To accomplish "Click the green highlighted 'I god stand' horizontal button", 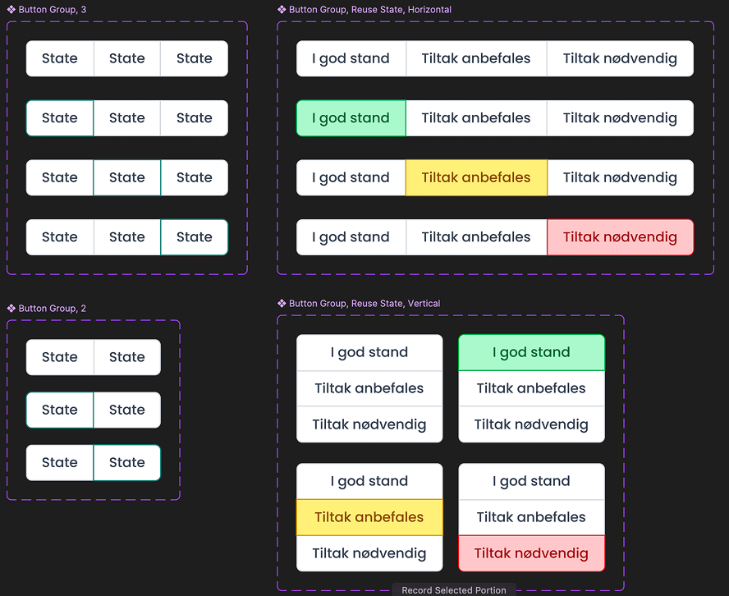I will pyautogui.click(x=351, y=118).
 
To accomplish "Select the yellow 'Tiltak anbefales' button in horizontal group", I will pyautogui.click(x=476, y=177).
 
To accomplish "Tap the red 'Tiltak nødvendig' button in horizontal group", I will pyautogui.click(x=620, y=237).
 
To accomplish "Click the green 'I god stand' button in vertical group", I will pyautogui.click(x=531, y=352).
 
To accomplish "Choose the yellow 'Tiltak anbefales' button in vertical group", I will pyautogui.click(x=369, y=517).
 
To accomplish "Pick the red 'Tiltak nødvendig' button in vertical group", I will pyautogui.click(x=531, y=553).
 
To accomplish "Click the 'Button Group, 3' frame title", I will pyautogui.click(x=53, y=10).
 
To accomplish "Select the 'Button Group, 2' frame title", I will pyautogui.click(x=53, y=309).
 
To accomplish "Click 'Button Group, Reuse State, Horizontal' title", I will pyautogui.click(x=370, y=10).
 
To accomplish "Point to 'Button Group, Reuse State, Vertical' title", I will pyautogui.click(x=364, y=304).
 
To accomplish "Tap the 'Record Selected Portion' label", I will pyautogui.click(x=454, y=589).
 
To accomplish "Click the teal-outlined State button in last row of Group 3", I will pyautogui.click(x=195, y=237).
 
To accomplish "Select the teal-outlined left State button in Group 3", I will pyautogui.click(x=60, y=118).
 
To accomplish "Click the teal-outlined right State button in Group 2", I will pyautogui.click(x=127, y=462).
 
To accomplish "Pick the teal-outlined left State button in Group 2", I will pyautogui.click(x=60, y=410).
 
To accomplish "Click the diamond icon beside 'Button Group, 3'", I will pyautogui.click(x=11, y=10).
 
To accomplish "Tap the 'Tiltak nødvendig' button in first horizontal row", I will pyautogui.click(x=620, y=58).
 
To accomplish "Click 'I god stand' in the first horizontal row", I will pyautogui.click(x=351, y=58).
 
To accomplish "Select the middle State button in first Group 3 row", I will pyautogui.click(x=127, y=58).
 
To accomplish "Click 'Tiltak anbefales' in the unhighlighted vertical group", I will pyautogui.click(x=369, y=388).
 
